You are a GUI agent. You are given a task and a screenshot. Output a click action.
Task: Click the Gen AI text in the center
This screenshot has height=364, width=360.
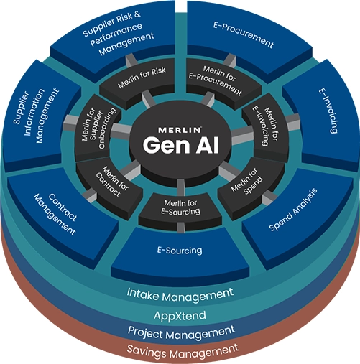tap(181, 146)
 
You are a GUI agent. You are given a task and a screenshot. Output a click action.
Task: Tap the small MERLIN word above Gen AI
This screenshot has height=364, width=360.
tap(180, 130)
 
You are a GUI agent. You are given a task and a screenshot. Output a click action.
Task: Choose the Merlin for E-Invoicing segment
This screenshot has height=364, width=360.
tap(266, 126)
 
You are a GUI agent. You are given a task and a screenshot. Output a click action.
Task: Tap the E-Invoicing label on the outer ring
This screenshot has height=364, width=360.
tap(328, 111)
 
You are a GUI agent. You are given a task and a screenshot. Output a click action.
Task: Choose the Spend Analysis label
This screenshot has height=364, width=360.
tap(293, 210)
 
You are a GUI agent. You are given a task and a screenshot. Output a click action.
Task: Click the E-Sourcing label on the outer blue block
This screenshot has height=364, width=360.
tap(180, 251)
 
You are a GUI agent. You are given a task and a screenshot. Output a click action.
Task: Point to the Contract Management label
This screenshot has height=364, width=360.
tap(55, 215)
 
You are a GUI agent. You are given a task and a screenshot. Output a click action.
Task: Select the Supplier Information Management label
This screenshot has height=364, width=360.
tap(36, 116)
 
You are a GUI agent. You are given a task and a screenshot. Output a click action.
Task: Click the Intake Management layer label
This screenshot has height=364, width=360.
tap(180, 294)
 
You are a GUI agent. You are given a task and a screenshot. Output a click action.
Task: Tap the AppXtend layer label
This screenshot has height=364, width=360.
tap(180, 316)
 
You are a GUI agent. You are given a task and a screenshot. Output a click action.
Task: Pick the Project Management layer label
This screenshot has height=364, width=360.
tap(181, 332)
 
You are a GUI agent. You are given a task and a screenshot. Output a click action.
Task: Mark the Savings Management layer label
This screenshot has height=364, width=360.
tap(183, 351)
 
